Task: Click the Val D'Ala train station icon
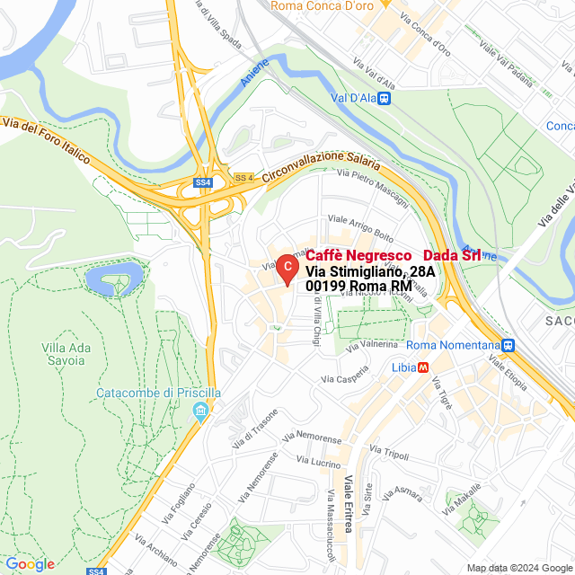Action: pyautogui.click(x=385, y=98)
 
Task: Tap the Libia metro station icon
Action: pyautogui.click(x=423, y=367)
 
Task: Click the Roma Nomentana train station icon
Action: pyautogui.click(x=509, y=345)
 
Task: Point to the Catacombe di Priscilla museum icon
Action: pyautogui.click(x=199, y=413)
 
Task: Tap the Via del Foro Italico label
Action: pyautogui.click(x=47, y=141)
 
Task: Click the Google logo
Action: pyautogui.click(x=30, y=564)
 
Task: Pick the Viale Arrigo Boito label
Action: pyautogui.click(x=361, y=228)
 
